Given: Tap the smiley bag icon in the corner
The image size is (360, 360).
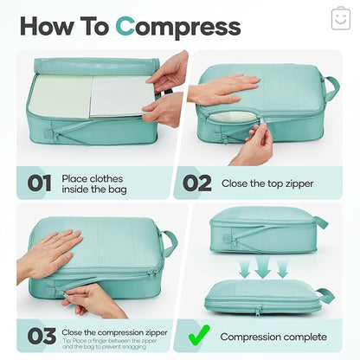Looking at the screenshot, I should [x=340, y=18].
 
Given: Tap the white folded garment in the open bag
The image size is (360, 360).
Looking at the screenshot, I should [x=122, y=96].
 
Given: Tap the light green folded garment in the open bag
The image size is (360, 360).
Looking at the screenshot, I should [x=61, y=94].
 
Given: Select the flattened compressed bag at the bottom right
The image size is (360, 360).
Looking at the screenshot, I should [x=265, y=296].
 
